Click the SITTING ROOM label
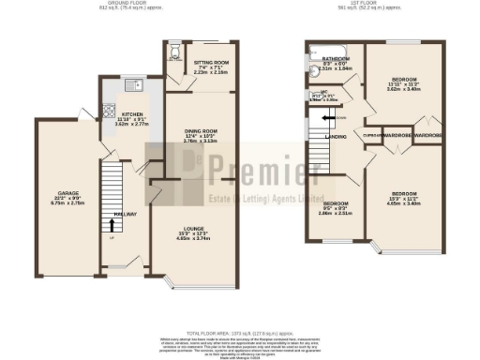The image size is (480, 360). (x=211, y=62)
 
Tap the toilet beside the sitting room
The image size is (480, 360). (x=172, y=53)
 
